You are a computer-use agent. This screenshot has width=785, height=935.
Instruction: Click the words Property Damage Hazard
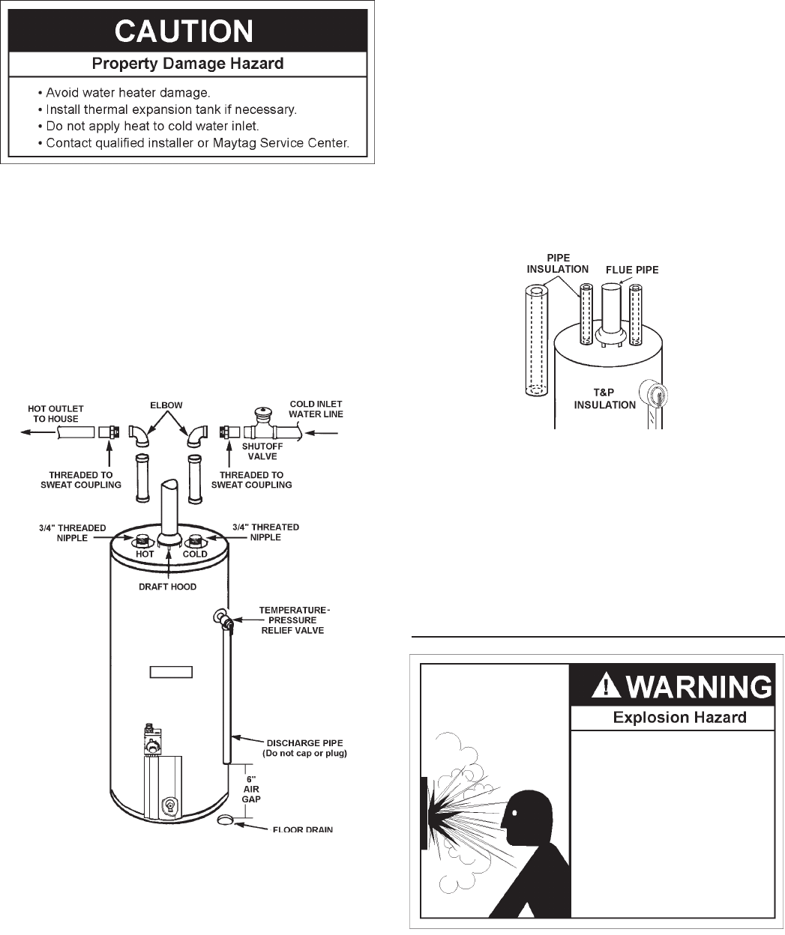point(187,64)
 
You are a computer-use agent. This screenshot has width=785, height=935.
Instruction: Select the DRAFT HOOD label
point(169,587)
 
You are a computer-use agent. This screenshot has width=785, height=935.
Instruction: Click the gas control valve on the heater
point(154,739)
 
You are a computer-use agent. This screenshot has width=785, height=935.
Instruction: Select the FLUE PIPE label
point(632,270)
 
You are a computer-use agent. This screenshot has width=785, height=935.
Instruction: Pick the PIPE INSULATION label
point(558,263)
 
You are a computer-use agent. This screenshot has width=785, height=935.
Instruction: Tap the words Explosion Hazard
point(679,718)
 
